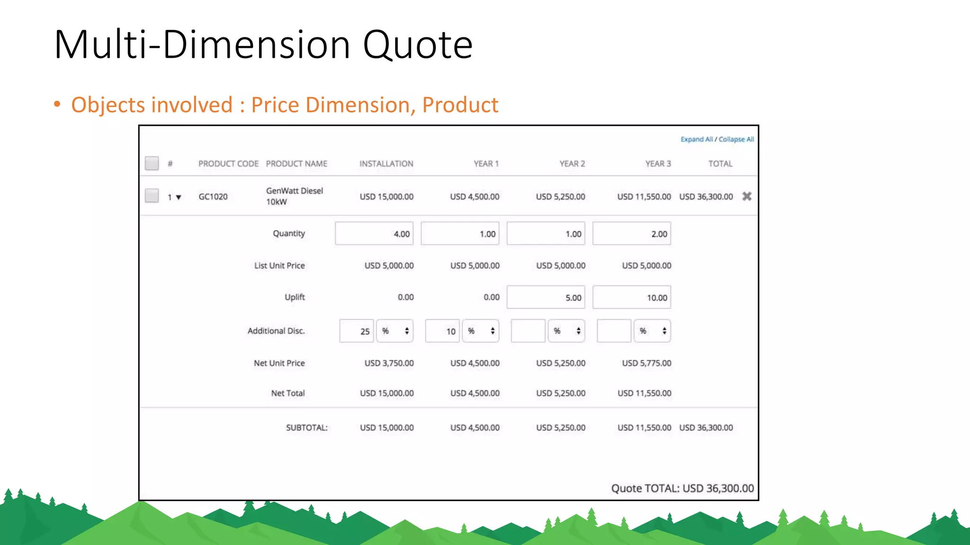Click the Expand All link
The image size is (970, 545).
click(x=696, y=139)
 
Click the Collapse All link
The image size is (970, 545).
click(x=736, y=139)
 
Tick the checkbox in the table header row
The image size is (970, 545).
click(x=152, y=163)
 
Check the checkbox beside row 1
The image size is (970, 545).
click(x=152, y=196)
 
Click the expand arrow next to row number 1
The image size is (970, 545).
click(x=179, y=197)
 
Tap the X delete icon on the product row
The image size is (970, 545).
click(x=746, y=196)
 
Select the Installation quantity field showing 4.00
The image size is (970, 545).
click(x=374, y=234)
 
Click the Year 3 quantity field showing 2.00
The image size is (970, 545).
click(x=631, y=234)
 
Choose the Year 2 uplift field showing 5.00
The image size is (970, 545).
click(x=546, y=298)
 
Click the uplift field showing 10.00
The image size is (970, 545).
click(x=631, y=298)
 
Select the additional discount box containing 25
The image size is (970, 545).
click(x=357, y=331)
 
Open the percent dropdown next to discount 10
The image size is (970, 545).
click(x=480, y=331)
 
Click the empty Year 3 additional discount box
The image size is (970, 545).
click(x=614, y=331)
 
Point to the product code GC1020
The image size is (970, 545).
click(x=213, y=197)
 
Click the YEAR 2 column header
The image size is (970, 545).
click(x=572, y=164)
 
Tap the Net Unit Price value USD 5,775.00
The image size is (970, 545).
click(x=647, y=363)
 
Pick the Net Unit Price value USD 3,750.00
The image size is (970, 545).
click(x=389, y=363)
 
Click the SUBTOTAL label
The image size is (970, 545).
click(x=306, y=428)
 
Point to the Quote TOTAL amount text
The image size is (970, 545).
click(x=682, y=488)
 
